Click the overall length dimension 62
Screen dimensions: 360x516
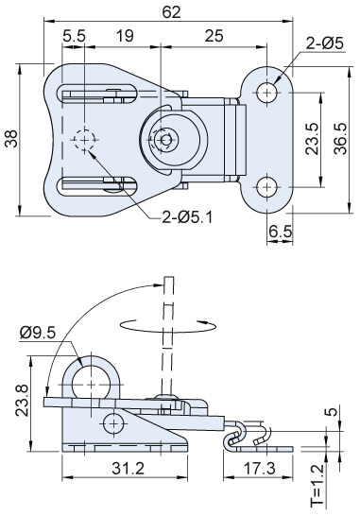[171, 12]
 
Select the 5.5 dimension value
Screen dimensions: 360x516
[74, 36]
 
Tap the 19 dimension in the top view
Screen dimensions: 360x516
[125, 36]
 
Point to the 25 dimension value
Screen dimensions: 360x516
[214, 36]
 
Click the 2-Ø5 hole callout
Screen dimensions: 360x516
[325, 43]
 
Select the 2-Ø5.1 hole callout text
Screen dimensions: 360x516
[187, 217]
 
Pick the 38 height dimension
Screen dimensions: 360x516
[11, 139]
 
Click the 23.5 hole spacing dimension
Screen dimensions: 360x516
[312, 139]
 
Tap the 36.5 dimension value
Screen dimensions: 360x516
[340, 139]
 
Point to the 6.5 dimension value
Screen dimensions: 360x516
[281, 232]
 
